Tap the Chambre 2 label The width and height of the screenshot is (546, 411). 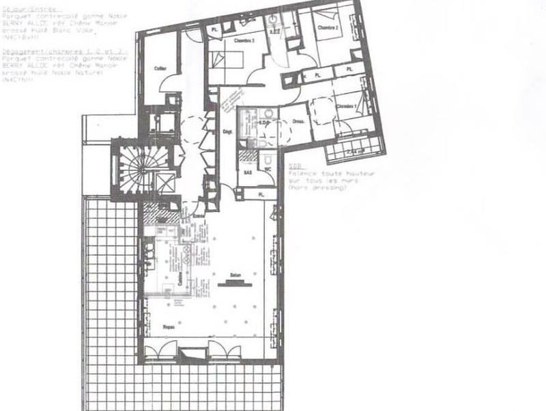pos(328,28)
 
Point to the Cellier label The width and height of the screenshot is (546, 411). pos(161,68)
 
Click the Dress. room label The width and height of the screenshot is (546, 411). pos(298,122)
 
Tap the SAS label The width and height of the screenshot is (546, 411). pos(248,173)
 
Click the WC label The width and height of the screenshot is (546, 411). pos(268,169)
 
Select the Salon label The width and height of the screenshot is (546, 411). pos(238,274)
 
